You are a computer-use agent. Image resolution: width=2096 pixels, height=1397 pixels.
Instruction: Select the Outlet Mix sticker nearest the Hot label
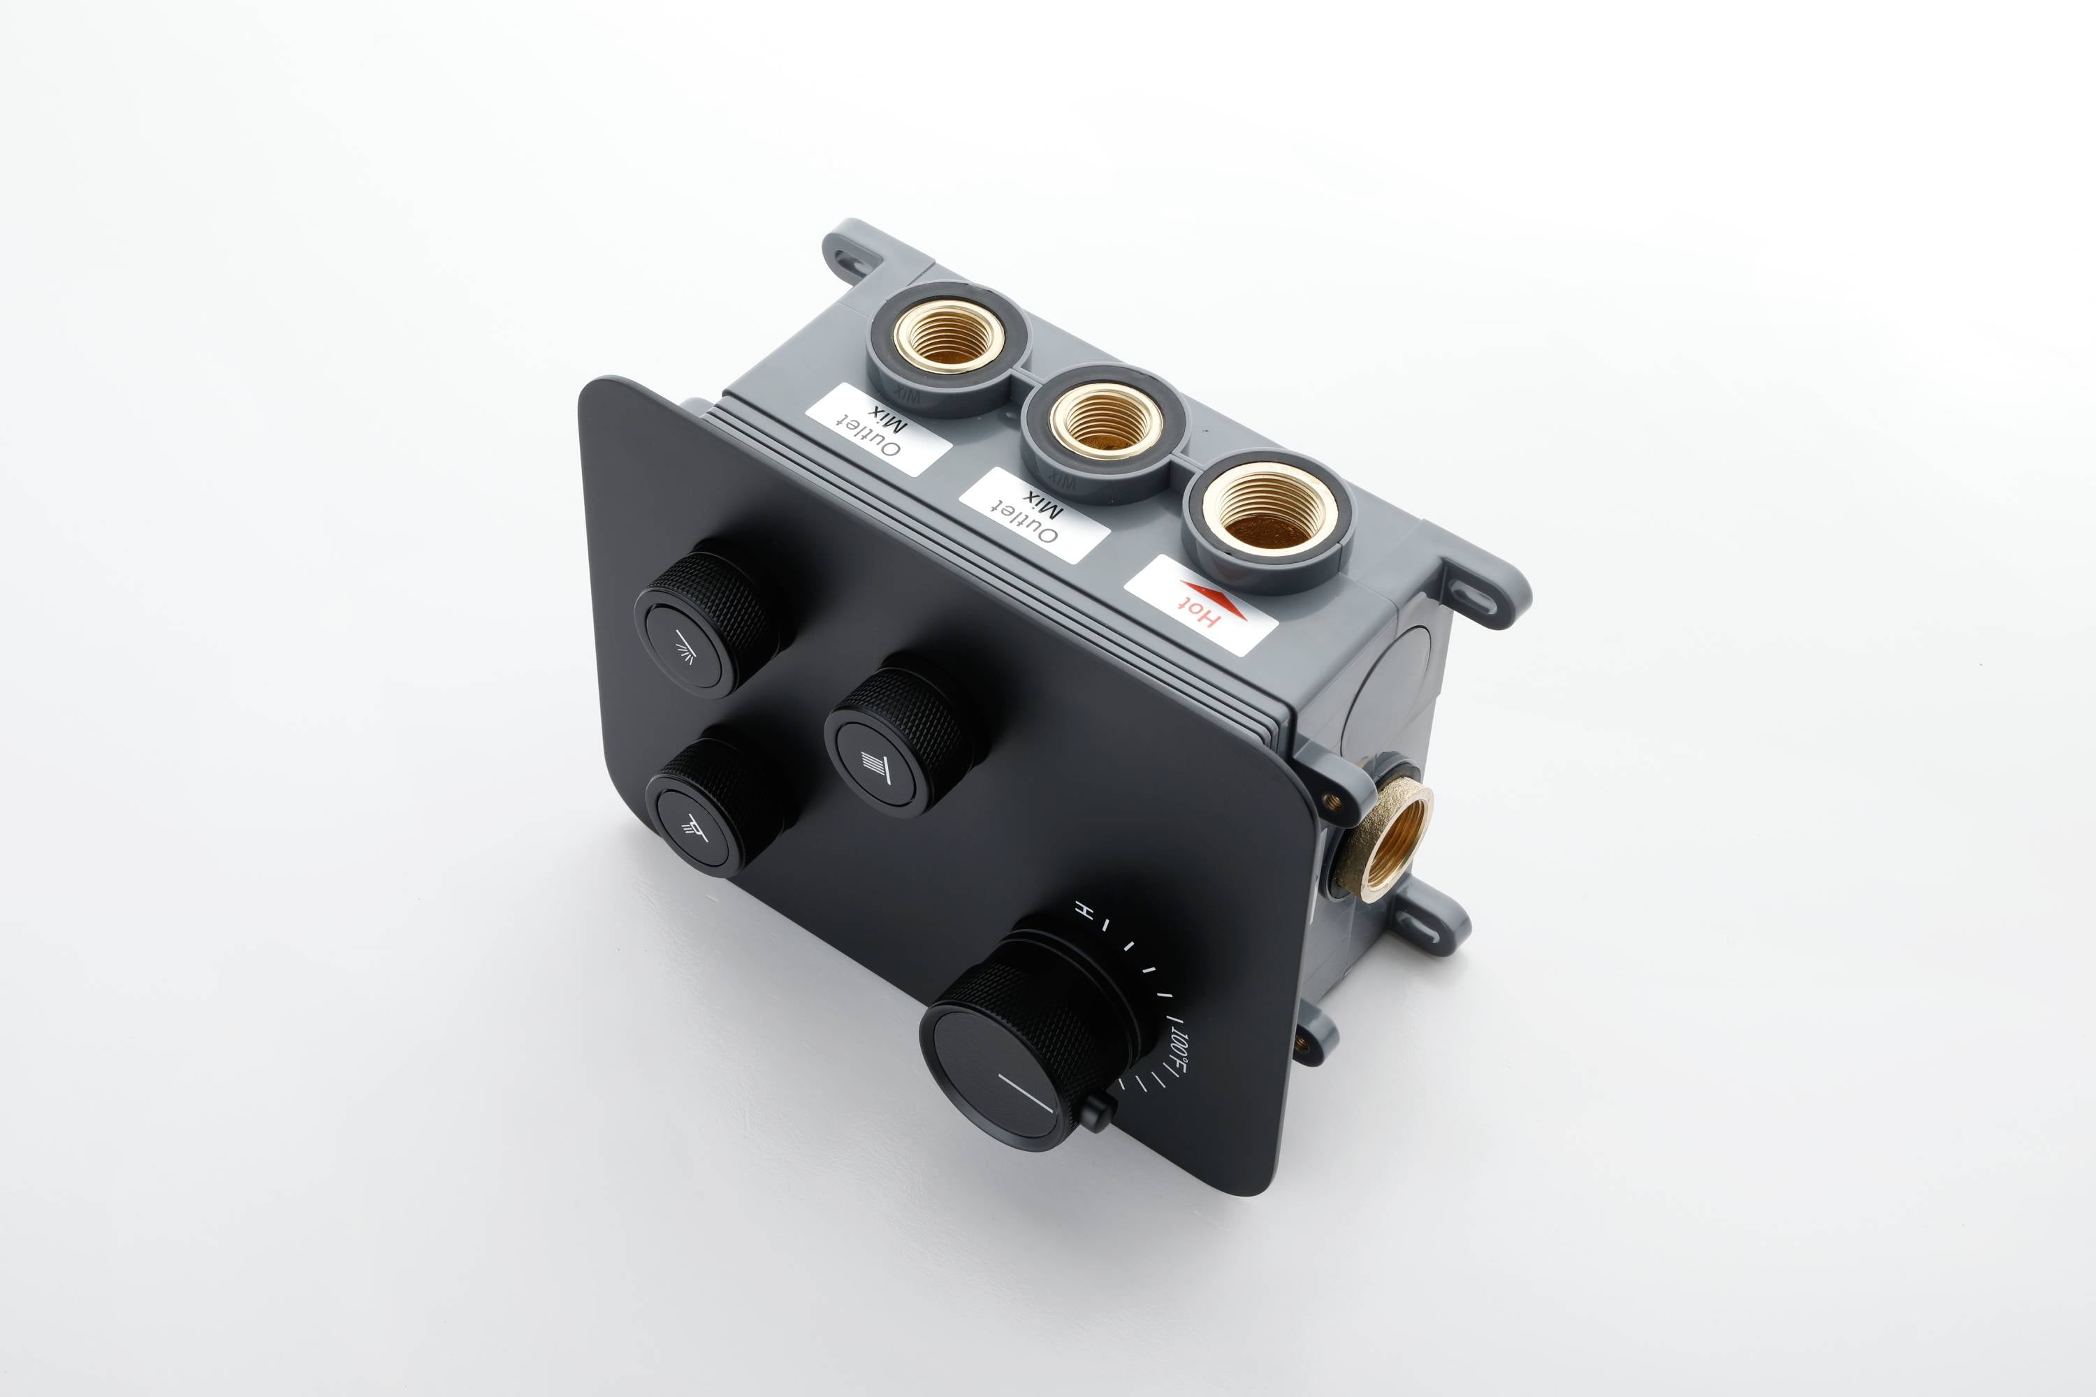(x=1034, y=514)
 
